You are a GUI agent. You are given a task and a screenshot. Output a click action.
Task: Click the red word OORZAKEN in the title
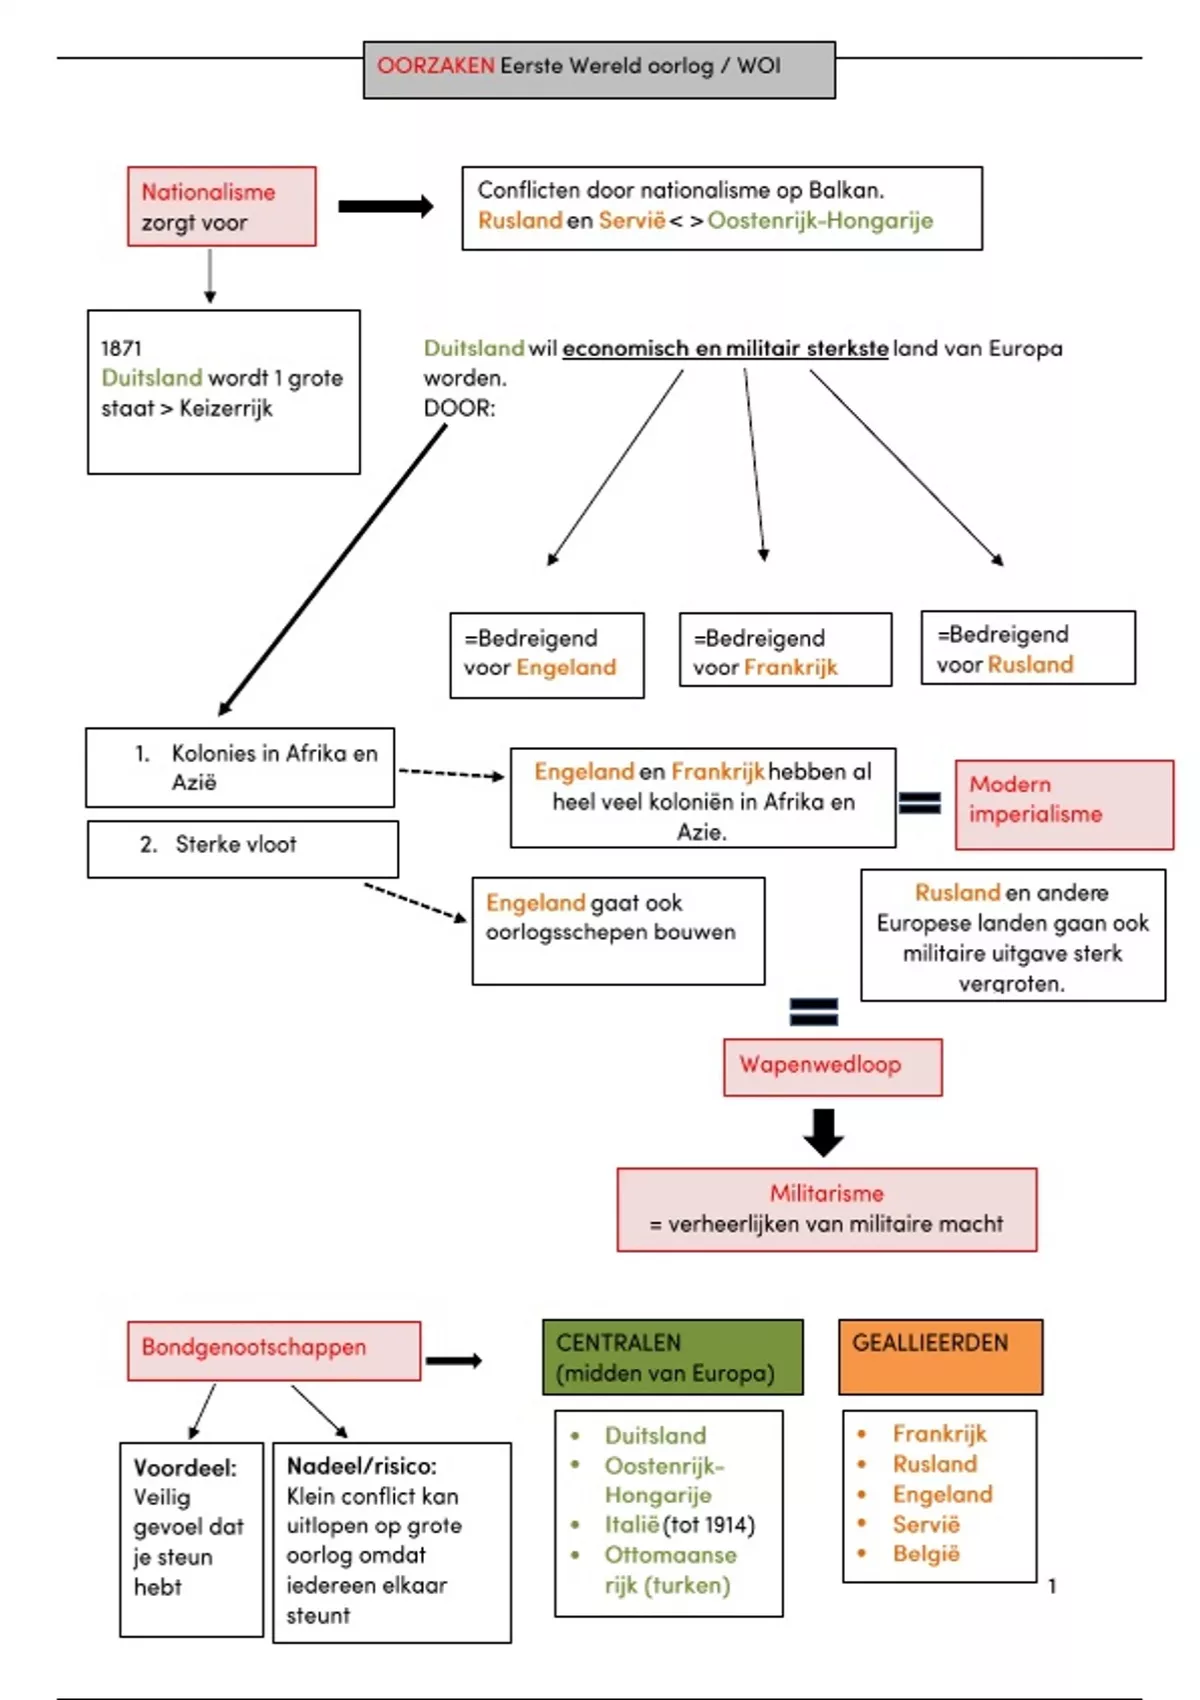435,66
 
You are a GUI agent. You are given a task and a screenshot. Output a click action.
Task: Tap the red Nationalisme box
221,206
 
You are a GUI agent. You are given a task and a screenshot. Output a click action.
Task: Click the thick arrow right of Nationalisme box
385,207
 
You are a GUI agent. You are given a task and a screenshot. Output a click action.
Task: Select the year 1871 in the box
121,348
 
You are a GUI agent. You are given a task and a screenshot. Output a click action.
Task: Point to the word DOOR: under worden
459,408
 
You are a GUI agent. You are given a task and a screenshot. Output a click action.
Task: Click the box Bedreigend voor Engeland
546,654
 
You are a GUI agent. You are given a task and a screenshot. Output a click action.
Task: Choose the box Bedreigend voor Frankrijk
785,650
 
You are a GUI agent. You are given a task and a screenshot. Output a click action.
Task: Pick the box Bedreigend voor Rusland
1028,648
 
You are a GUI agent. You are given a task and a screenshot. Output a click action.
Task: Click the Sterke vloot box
242,848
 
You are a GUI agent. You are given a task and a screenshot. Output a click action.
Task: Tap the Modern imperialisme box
1064,804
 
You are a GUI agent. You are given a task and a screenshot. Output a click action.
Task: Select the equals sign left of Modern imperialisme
920,802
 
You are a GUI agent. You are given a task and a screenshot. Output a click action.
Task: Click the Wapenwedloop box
832,1066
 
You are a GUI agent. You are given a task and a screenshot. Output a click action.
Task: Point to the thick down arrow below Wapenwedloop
823,1132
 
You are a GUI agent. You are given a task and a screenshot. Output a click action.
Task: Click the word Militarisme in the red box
826,1193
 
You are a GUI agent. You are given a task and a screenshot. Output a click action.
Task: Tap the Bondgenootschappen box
274,1350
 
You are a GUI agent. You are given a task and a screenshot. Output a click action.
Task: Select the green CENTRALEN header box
672,1357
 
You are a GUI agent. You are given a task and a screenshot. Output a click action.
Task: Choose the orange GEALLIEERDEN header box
940,1356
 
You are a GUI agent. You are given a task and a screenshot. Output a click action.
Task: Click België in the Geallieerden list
926,1554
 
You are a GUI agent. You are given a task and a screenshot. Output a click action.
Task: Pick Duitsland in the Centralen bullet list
655,1435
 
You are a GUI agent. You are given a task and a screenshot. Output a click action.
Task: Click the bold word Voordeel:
185,1467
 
